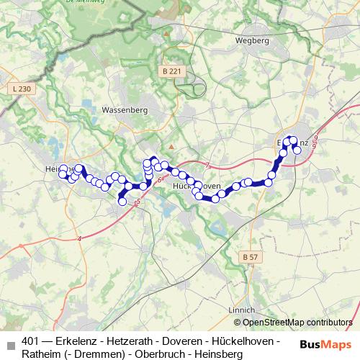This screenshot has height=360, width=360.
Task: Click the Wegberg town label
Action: (251, 41)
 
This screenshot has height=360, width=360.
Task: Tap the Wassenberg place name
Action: (125, 110)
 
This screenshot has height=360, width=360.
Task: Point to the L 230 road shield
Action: (22, 88)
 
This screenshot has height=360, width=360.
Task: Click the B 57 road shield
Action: (250, 257)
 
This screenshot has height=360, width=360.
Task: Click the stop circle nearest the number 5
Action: (122, 201)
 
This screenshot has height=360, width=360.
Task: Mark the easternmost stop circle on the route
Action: (297, 150)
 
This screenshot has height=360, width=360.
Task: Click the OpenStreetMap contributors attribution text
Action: (297, 323)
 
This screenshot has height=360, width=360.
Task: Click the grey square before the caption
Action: (10, 345)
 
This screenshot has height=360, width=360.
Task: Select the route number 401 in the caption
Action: (30, 340)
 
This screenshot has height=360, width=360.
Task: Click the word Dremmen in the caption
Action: (94, 353)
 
